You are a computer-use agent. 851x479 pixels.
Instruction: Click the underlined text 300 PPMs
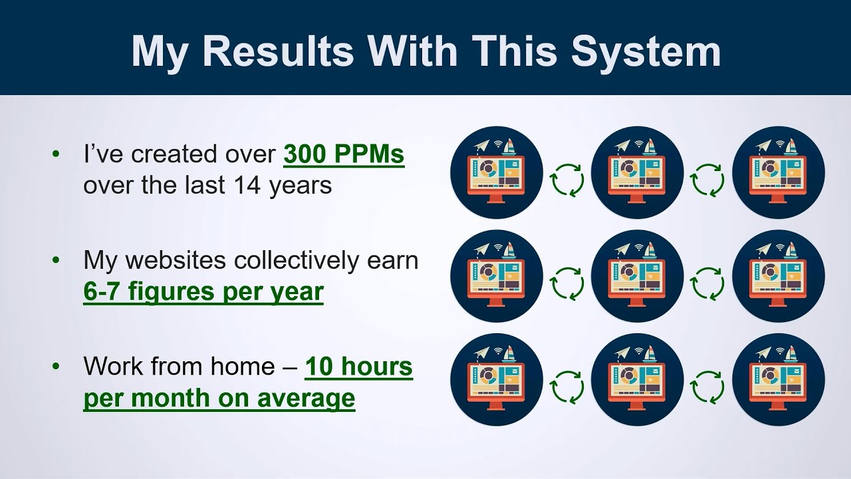pos(344,154)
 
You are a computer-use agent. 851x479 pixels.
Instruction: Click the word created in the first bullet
pos(170,154)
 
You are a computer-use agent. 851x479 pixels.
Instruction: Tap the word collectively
pos(298,260)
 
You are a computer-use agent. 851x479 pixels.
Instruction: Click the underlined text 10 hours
pos(358,367)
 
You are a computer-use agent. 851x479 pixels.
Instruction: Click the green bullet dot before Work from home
pos(56,367)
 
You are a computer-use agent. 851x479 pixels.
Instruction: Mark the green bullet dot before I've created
pos(56,154)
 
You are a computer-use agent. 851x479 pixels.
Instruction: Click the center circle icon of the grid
pos(637,276)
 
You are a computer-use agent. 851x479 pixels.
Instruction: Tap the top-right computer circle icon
pos(778,172)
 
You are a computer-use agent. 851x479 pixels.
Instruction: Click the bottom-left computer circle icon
pos(496,380)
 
